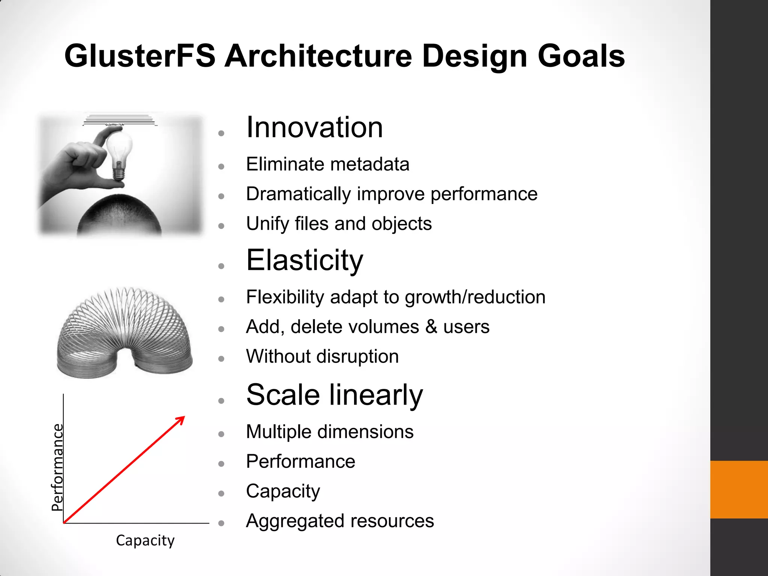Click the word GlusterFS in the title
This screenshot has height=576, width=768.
pos(140,56)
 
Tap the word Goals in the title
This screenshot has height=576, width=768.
pos(581,56)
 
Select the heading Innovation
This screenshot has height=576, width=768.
pos(314,127)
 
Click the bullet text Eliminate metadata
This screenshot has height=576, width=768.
pos(327,164)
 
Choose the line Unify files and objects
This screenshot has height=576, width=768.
pos(339,224)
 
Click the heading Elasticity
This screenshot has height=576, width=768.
pos(304,260)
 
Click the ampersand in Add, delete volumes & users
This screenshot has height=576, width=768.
pos(431,327)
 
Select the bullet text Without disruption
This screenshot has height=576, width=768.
pos(322,356)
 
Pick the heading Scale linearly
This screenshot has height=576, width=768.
pos(334,395)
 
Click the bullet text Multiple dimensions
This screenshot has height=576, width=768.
pos(330,432)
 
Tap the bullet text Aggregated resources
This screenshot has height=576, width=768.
pos(340,521)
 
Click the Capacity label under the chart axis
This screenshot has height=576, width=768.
pos(145,540)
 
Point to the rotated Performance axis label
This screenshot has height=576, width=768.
pos(57,467)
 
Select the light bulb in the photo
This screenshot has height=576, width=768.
pos(119,150)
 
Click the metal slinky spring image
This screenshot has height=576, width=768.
pos(124,332)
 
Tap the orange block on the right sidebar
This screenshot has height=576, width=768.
pos(739,489)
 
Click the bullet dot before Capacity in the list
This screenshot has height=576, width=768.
pos(221,493)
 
